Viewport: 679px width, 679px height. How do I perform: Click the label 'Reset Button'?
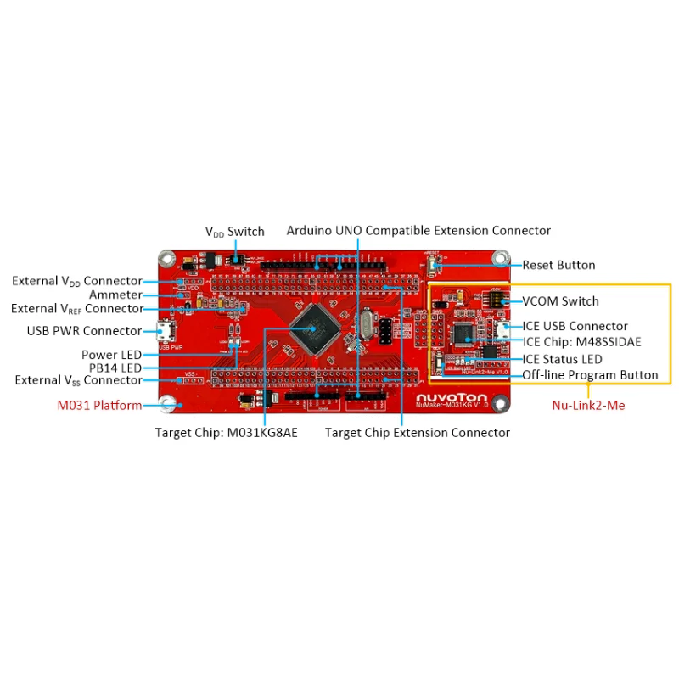[558, 265]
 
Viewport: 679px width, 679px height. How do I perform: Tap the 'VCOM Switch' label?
[560, 301]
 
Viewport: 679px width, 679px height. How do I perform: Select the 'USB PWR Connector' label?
[82, 330]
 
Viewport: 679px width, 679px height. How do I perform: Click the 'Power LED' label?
[112, 354]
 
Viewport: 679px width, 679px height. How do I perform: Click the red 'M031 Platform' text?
[99, 405]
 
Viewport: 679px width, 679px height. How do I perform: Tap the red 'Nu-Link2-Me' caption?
[588, 406]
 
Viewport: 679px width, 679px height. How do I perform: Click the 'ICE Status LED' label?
[562, 359]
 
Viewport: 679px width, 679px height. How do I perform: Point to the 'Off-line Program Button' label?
[590, 374]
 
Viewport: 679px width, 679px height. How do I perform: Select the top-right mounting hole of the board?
[502, 257]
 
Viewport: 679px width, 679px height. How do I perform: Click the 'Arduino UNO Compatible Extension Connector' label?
[418, 231]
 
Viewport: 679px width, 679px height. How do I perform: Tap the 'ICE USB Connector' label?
[575, 326]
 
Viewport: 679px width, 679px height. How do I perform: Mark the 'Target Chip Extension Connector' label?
[417, 433]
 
